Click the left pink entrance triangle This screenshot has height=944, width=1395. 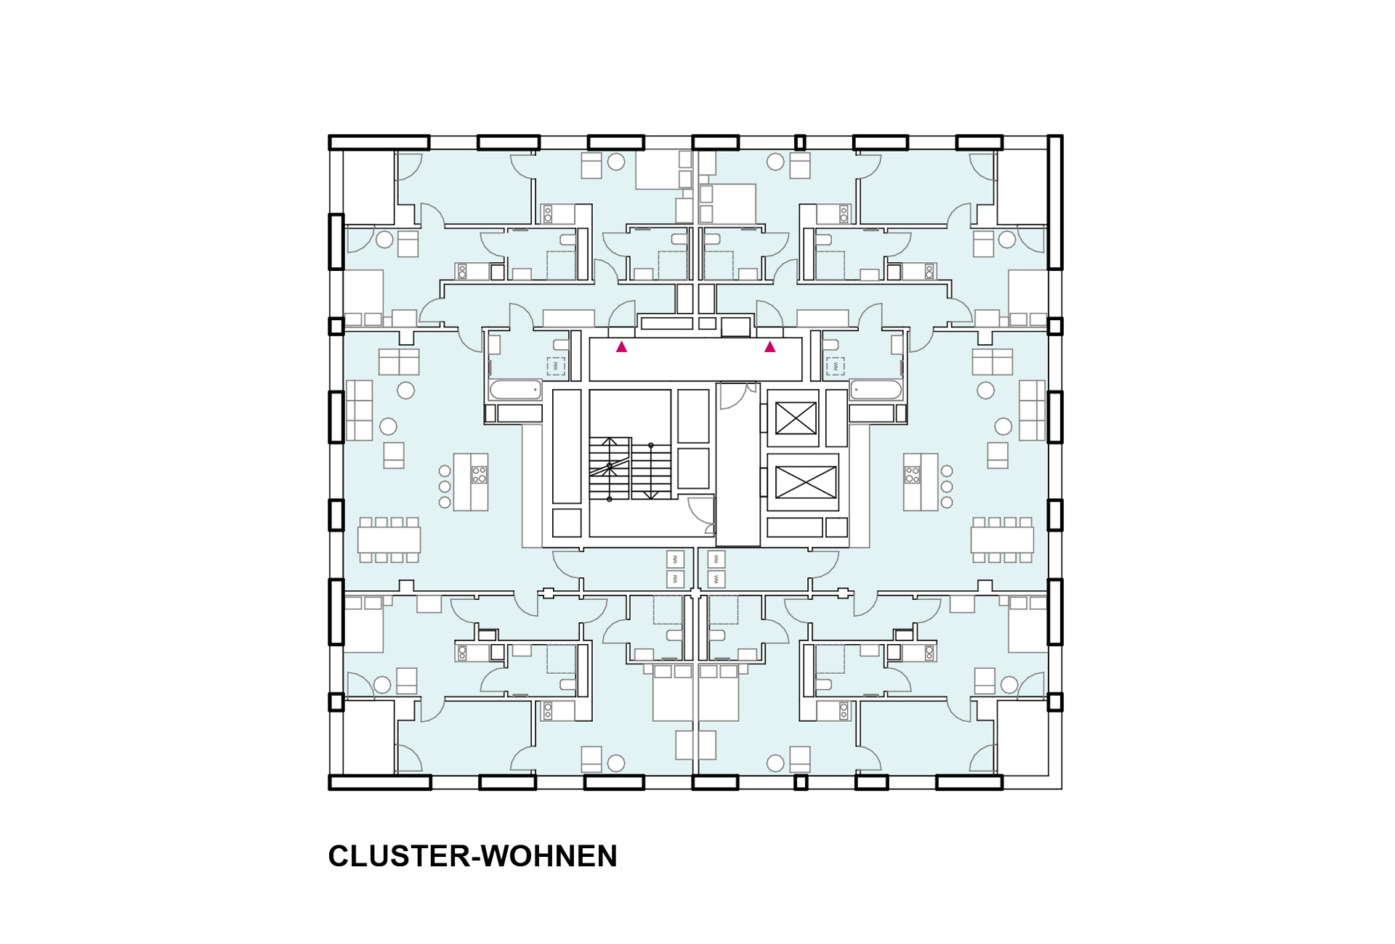621,347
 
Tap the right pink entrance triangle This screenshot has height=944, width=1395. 769,347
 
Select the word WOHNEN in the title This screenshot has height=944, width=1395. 549,856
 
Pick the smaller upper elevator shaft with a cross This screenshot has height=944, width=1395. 796,418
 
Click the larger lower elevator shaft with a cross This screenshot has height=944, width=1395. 806,482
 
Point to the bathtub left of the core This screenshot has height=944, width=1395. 515,390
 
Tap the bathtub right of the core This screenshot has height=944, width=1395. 876,390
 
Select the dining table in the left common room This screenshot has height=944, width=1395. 389,540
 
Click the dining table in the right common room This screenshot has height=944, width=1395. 1002,540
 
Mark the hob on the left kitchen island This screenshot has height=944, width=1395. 479,475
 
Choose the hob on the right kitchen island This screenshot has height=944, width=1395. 912,475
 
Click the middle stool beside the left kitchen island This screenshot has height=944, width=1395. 445,487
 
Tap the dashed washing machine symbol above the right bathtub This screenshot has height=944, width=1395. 835,366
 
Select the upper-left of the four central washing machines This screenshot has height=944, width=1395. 675,559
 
